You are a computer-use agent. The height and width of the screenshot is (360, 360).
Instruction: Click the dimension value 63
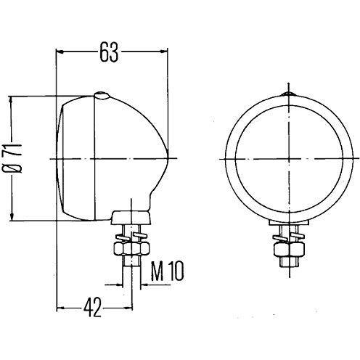[109, 52]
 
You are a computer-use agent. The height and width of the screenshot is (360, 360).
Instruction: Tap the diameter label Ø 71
[12, 158]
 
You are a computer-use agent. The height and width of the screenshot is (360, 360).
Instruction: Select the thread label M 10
[167, 271]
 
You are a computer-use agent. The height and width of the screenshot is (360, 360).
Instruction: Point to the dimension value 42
[92, 308]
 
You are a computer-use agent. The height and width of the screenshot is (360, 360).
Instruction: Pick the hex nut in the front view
[289, 249]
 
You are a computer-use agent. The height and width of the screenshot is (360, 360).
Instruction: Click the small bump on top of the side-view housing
[102, 95]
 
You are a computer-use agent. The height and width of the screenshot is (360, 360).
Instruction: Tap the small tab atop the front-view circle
[289, 94]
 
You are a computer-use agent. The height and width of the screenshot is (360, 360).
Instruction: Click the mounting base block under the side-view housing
[131, 218]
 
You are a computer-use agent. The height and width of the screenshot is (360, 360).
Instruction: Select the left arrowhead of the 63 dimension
[60, 52]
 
